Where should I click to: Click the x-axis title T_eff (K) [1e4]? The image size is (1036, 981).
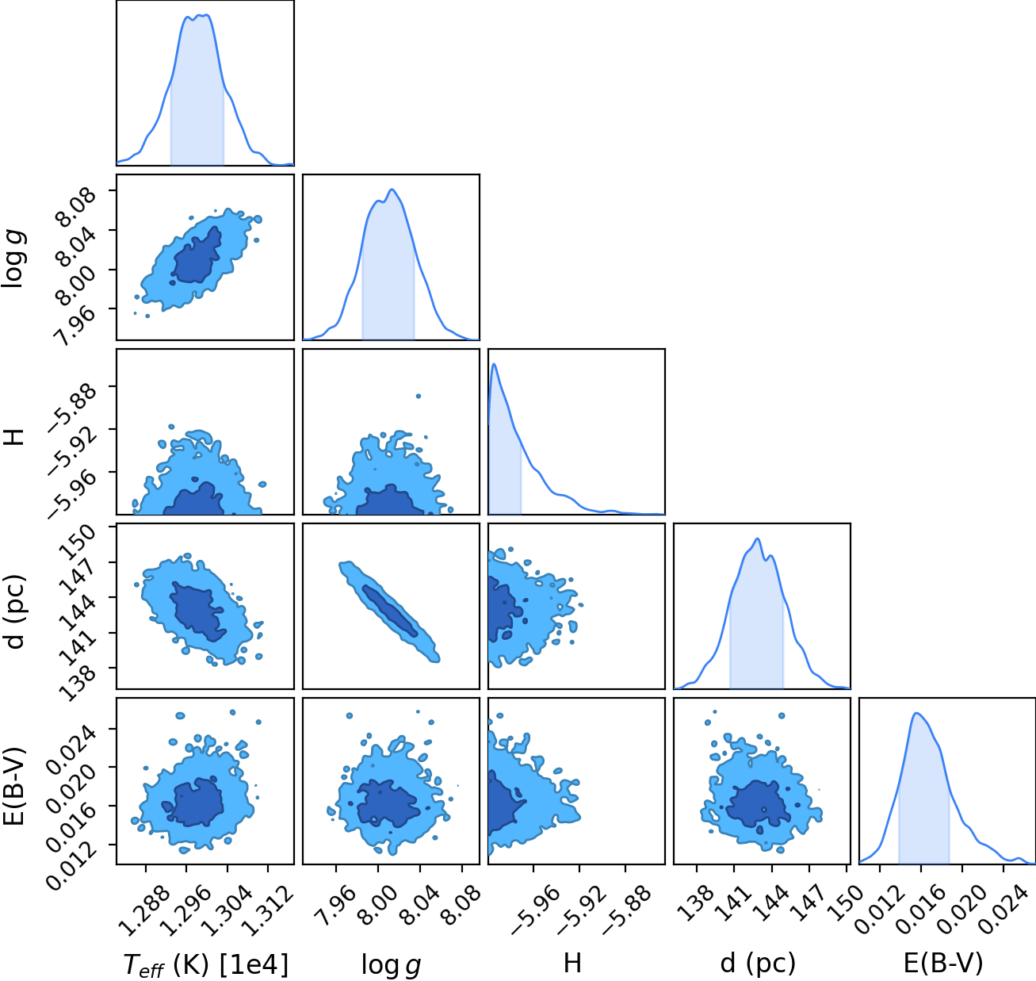point(206,964)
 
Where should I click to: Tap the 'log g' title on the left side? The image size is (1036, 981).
point(13,259)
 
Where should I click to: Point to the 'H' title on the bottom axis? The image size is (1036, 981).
point(573,963)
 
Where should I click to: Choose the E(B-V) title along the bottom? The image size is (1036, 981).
point(943,964)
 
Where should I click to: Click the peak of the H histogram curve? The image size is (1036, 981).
point(494,364)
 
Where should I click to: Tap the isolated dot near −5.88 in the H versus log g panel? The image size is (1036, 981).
point(419,396)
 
